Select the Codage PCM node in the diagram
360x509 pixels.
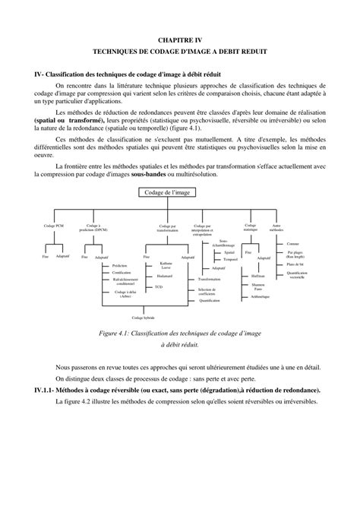tap(54, 226)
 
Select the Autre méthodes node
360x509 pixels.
tap(276, 227)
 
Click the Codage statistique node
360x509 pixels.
tap(249, 226)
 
